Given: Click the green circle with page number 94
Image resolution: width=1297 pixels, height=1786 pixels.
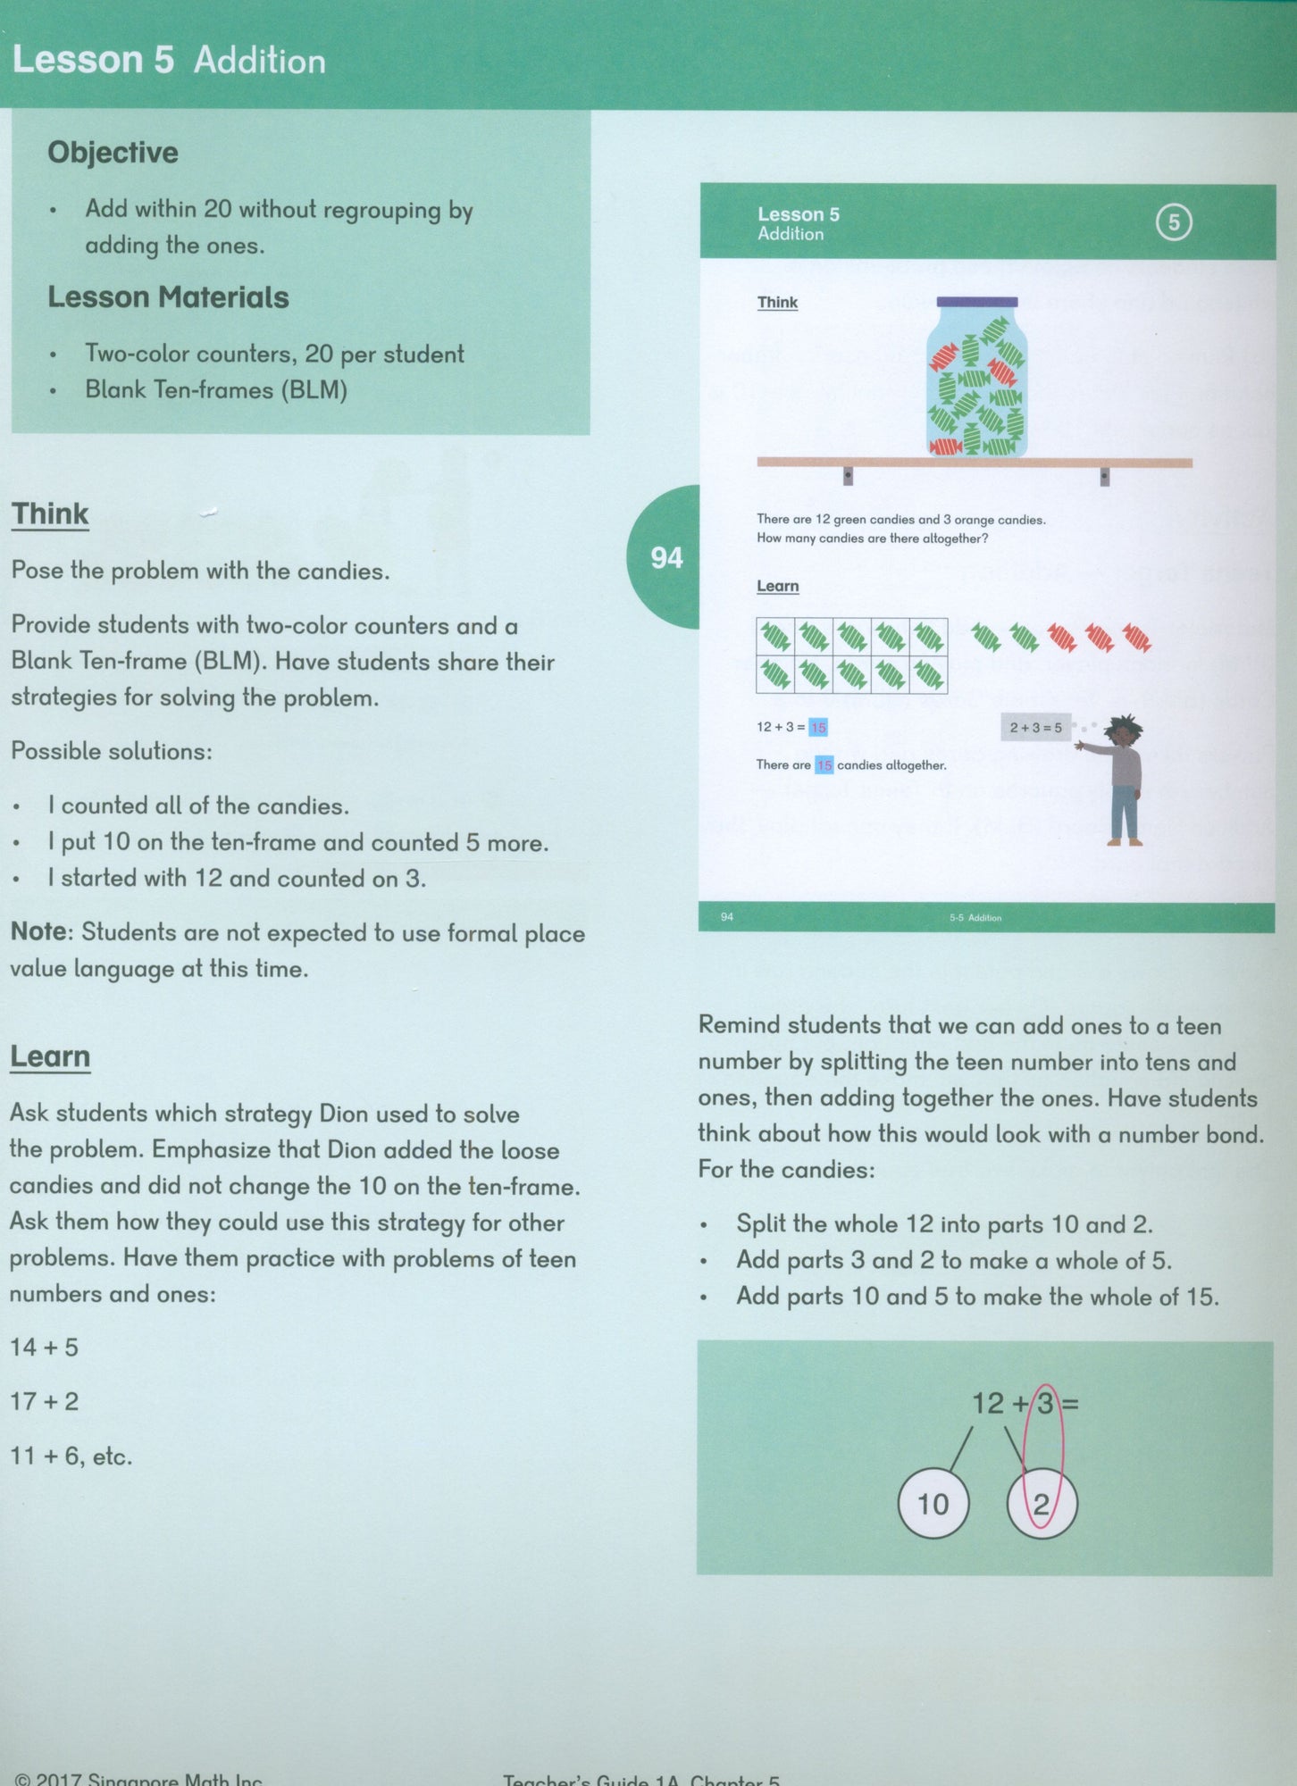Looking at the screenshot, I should click(x=665, y=557).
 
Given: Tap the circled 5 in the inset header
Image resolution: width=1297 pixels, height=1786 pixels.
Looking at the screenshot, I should click(x=1174, y=222).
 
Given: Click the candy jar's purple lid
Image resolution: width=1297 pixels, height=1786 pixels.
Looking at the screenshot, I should click(x=976, y=302).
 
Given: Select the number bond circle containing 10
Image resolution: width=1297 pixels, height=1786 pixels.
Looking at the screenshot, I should click(x=933, y=1504).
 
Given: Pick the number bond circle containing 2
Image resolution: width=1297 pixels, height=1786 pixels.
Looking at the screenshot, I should click(x=1042, y=1504).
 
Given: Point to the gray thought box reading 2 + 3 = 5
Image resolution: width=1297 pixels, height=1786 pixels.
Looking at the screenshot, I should click(x=1035, y=728).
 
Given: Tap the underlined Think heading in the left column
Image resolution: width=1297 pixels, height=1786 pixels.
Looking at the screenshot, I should click(x=50, y=514).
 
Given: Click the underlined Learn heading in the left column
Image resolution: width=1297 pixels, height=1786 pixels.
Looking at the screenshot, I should click(x=50, y=1056).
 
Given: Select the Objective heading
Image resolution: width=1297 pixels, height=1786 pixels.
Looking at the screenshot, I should click(x=113, y=153).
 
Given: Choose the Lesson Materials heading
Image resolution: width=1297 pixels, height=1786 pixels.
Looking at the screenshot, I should click(x=168, y=297).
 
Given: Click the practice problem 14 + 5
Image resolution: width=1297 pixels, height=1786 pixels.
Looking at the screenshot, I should click(x=44, y=1348).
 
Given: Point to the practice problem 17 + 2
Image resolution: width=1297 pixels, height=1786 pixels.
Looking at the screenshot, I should click(x=44, y=1402).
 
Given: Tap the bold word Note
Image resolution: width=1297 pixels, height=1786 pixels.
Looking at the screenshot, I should click(x=38, y=932).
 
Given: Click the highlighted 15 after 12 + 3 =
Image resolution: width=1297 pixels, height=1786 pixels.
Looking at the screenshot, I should click(x=818, y=728).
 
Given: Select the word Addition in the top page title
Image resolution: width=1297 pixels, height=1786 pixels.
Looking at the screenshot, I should click(x=259, y=61).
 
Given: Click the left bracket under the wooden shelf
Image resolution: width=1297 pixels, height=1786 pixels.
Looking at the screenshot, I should click(x=848, y=476).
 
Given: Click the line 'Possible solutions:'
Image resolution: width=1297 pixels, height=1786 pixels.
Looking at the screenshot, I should click(x=112, y=752).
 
